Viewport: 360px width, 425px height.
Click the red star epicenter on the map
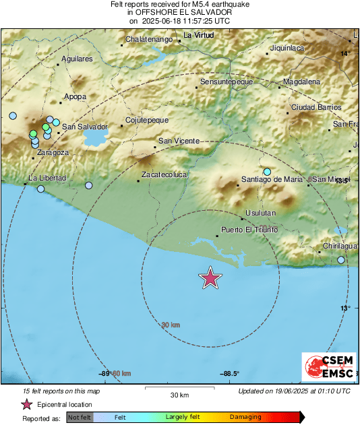click(211, 277)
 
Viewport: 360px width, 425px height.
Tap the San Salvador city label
click(85, 127)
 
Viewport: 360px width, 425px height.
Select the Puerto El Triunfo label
click(249, 230)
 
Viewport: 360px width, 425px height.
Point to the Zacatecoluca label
click(164, 174)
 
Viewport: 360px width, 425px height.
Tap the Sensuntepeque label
click(227, 81)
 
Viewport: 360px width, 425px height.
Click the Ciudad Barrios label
click(316, 107)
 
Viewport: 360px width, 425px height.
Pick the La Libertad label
click(47, 178)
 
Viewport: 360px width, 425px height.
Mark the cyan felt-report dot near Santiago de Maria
click(268, 172)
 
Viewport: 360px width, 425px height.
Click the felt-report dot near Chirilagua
click(341, 260)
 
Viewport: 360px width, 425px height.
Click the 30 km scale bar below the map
click(179, 389)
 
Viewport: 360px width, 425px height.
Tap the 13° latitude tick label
click(345, 308)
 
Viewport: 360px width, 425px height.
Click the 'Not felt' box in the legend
click(79, 417)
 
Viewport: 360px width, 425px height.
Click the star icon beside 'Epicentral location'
click(26, 405)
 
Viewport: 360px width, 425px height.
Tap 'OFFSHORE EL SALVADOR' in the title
click(180, 13)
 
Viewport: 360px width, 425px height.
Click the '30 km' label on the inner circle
click(171, 325)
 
